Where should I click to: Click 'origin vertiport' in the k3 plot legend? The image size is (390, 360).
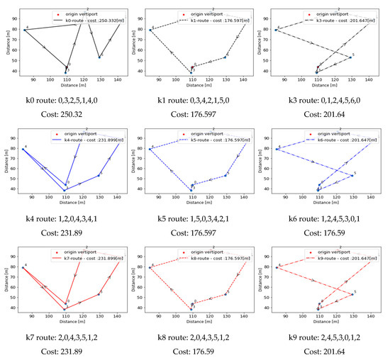pyautogui.click(x=328, y=13)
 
